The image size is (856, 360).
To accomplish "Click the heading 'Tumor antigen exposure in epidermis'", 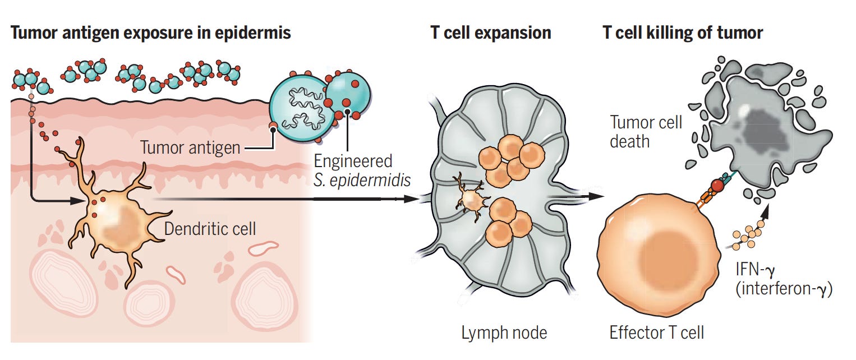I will click(150, 33).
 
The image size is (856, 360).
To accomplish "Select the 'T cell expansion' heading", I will click(490, 33).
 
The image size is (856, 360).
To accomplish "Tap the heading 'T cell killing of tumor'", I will click(683, 33).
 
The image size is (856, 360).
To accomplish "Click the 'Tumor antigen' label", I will click(190, 148).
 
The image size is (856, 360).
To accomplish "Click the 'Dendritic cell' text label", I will click(210, 229).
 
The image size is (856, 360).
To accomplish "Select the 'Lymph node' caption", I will click(504, 333).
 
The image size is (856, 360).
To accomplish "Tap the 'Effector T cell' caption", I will click(656, 333).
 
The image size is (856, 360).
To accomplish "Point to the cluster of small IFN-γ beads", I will click(747, 236).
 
